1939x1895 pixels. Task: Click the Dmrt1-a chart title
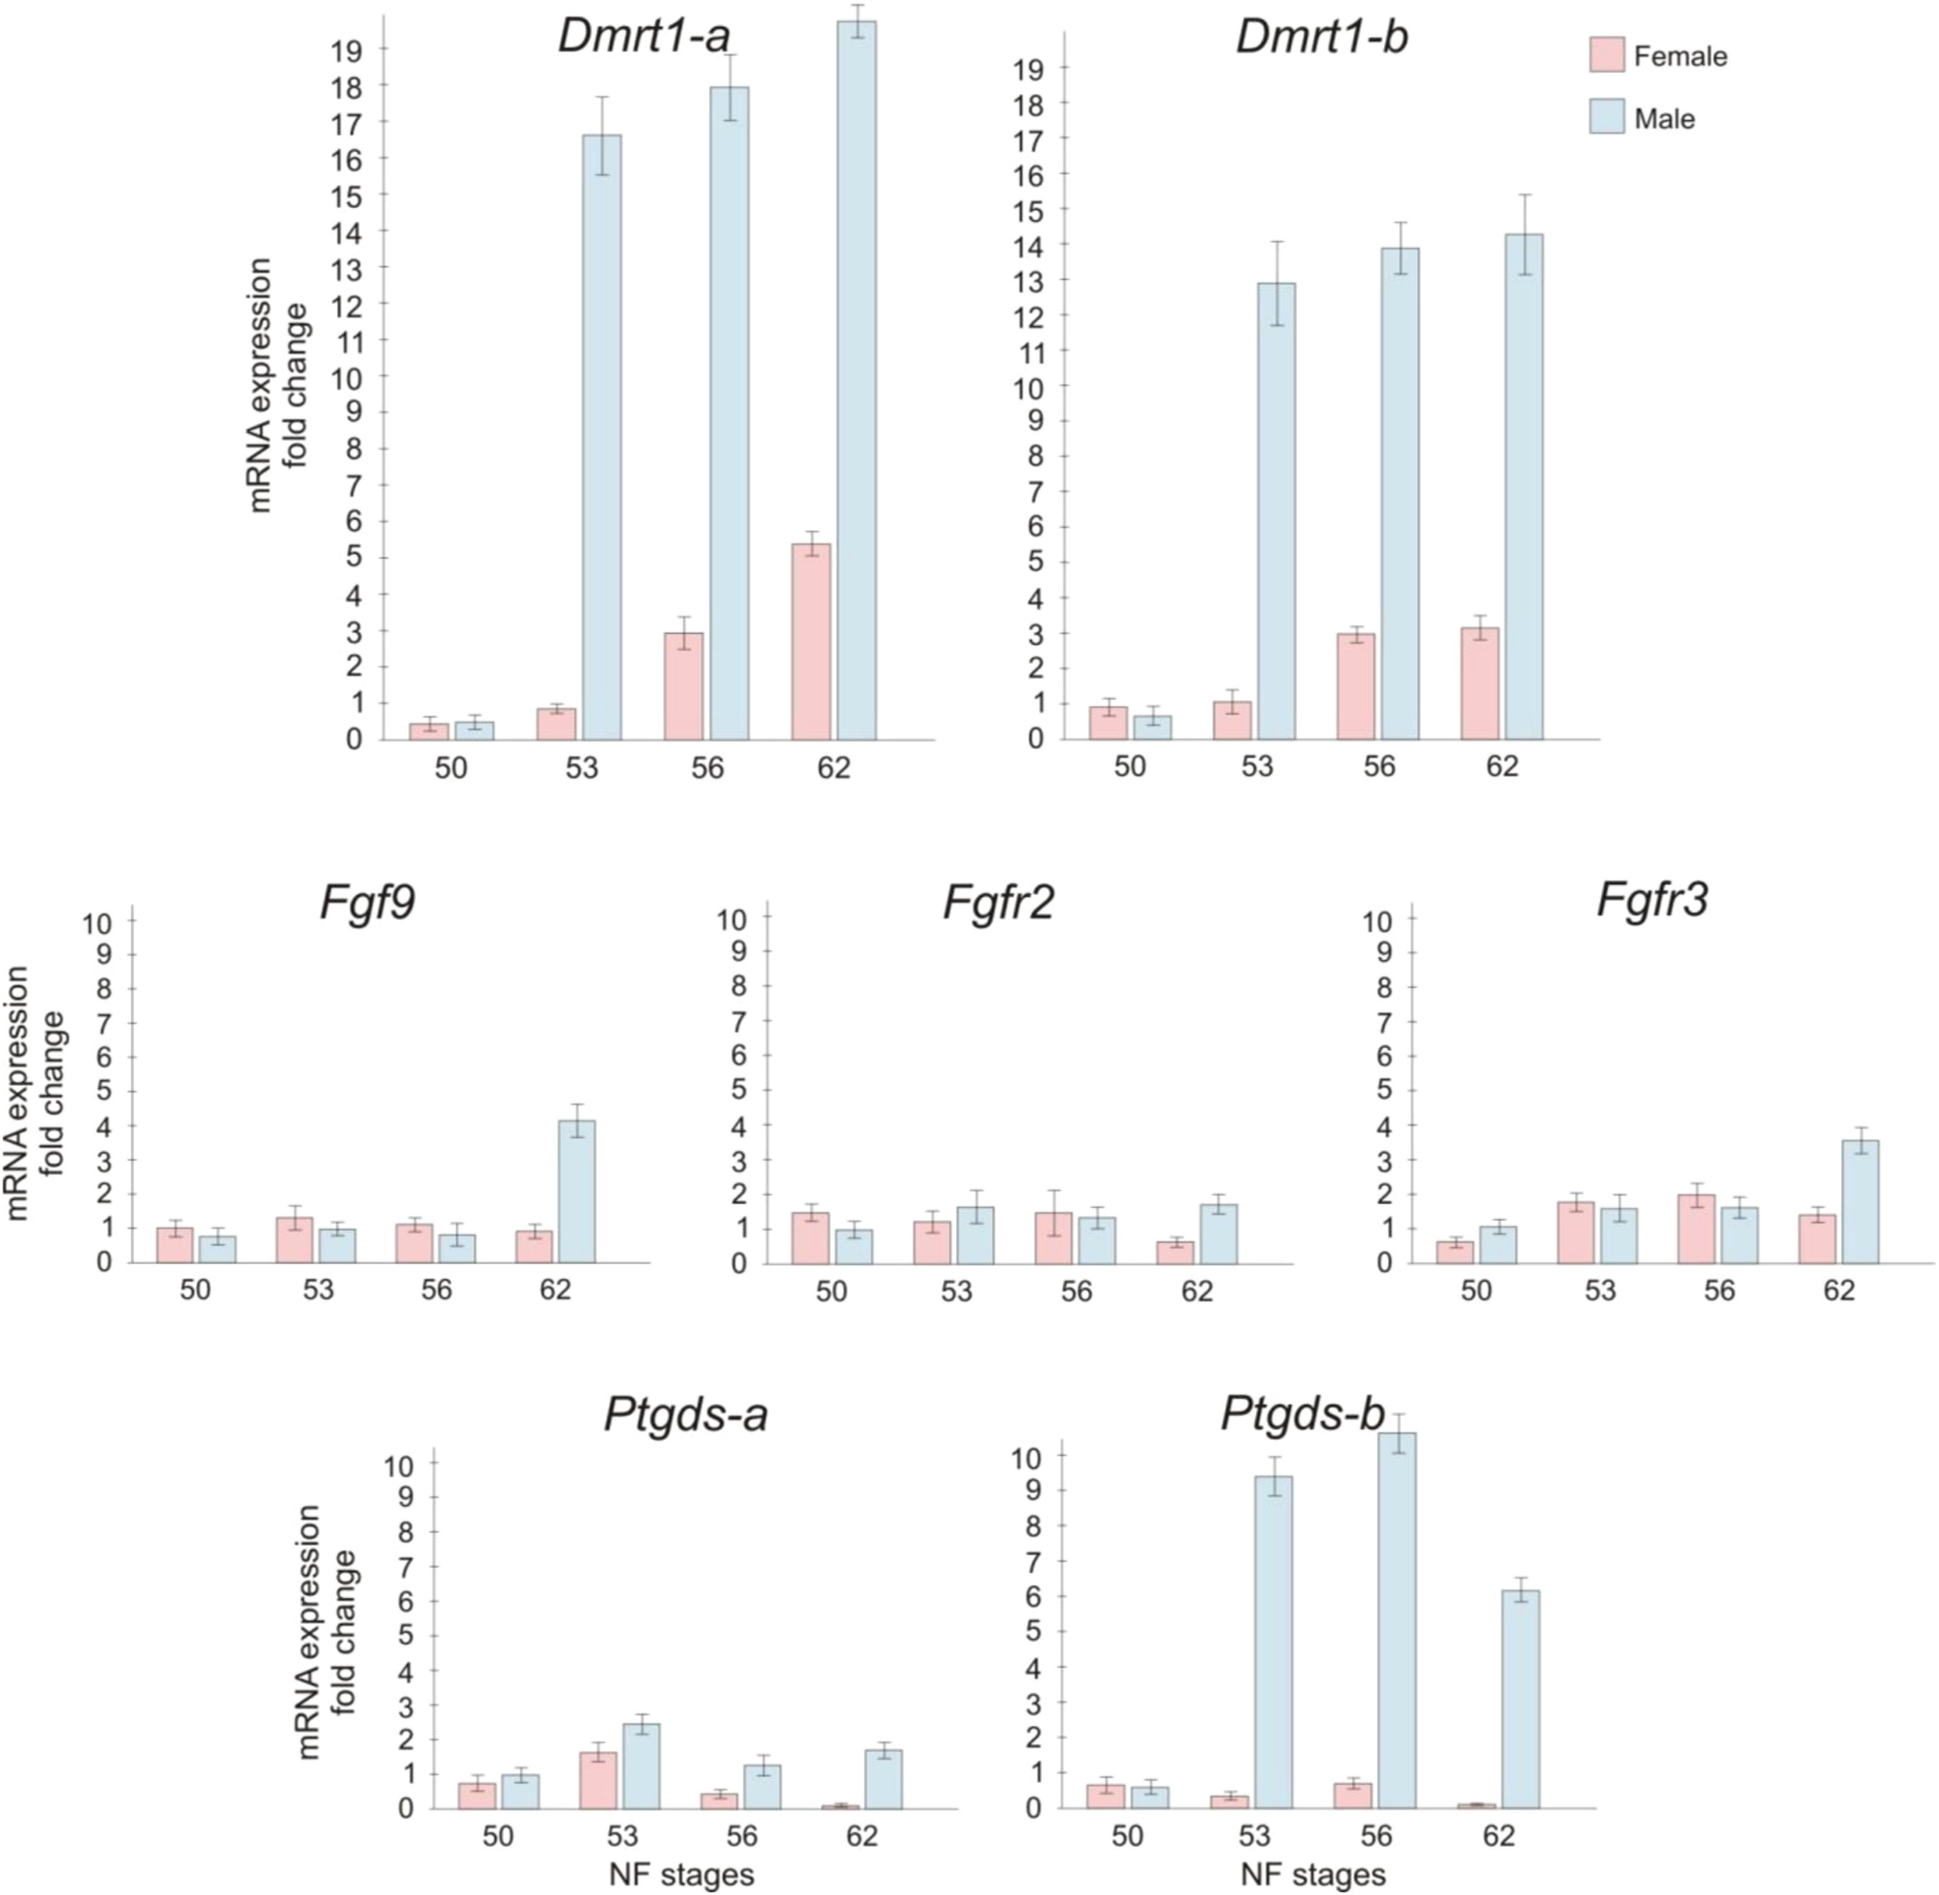pos(644,37)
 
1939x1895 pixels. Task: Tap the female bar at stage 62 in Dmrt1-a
pos(811,642)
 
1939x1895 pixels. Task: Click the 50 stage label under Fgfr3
pos(1476,1291)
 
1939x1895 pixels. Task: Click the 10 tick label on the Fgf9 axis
pos(98,921)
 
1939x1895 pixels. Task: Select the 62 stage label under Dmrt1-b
pos(1502,766)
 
